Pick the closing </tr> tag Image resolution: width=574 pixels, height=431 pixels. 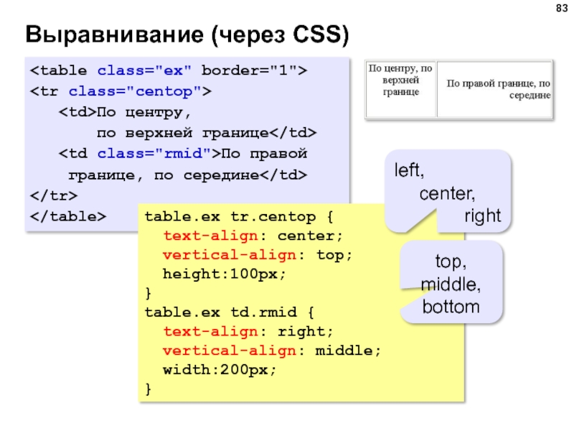click(53, 195)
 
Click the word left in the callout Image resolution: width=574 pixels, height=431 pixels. click(408, 172)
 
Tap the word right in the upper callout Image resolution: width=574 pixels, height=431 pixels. click(481, 216)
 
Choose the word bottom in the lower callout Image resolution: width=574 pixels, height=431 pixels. click(451, 307)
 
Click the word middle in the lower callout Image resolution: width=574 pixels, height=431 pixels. click(451, 284)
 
